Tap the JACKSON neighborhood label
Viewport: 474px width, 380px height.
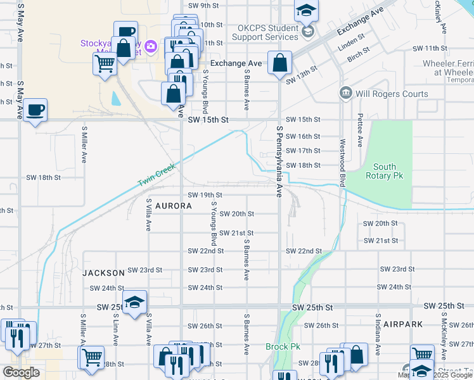(x=103, y=272)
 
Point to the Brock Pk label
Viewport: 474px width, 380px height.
(x=283, y=347)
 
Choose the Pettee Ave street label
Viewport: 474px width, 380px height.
(x=360, y=130)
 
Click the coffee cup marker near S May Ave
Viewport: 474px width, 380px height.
(x=35, y=110)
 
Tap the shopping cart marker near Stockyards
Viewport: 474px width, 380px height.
(x=104, y=63)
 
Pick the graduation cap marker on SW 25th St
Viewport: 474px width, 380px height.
(x=134, y=303)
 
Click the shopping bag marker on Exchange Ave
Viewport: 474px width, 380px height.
(x=279, y=63)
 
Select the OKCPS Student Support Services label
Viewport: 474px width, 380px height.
(x=267, y=33)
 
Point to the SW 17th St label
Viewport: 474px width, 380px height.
(x=303, y=151)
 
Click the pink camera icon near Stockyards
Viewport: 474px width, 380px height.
(x=150, y=46)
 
